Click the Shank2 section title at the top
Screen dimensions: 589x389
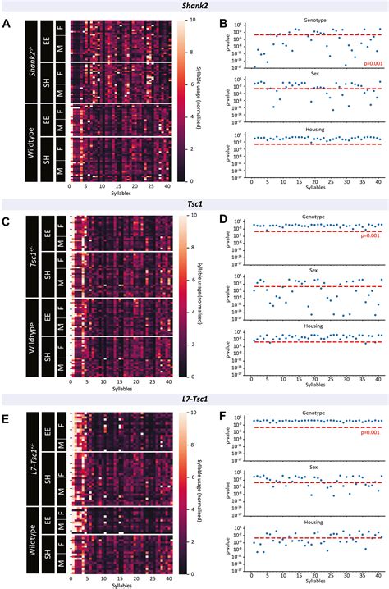pyautogui.click(x=194, y=6)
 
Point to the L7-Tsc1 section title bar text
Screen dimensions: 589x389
pyautogui.click(x=194, y=400)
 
